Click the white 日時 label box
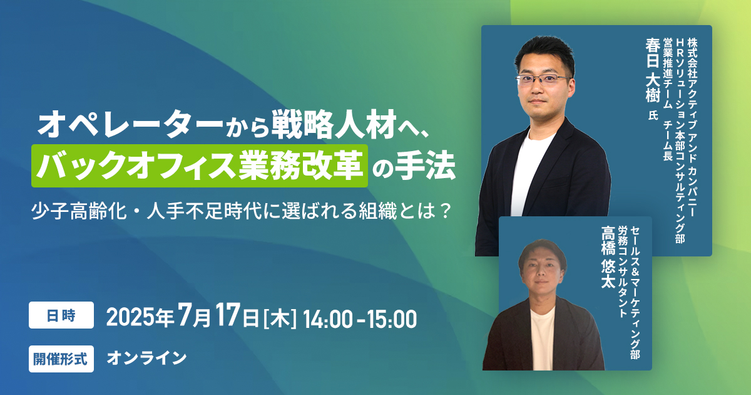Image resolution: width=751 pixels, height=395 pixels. point(61,315)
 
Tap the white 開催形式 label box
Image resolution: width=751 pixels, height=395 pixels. point(61,359)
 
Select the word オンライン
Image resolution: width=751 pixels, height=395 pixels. point(147,358)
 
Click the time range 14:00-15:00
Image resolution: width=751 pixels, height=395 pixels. point(360,319)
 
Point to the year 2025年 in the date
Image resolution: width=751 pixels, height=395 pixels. point(140,318)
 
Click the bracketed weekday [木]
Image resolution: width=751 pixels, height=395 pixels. point(280,319)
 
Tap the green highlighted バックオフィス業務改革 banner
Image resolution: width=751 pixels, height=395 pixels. point(200,166)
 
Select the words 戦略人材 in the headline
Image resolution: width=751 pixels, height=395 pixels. point(334,124)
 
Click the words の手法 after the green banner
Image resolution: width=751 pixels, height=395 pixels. point(414,166)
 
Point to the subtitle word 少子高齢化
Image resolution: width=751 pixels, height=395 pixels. point(79,211)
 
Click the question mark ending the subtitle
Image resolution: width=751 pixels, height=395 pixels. point(445,211)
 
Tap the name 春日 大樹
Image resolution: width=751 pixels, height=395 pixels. point(653,70)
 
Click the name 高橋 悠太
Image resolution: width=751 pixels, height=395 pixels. point(608,257)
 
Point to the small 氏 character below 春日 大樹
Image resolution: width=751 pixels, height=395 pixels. point(653,115)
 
